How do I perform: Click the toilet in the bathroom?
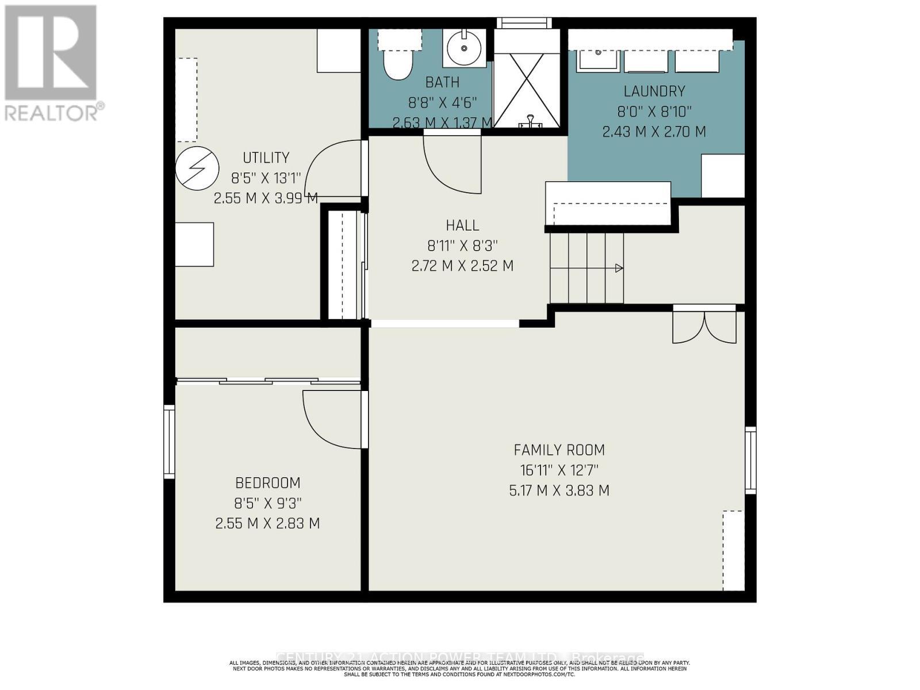pos(398,64)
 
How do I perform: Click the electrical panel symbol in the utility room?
pos(197,168)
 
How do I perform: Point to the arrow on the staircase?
pos(619,268)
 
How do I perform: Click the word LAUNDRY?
pos(654,91)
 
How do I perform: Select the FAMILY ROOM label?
pos(559,450)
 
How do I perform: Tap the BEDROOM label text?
pos(268,482)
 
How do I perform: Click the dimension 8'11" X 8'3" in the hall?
pos(462,246)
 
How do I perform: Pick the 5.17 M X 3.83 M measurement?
pos(559,490)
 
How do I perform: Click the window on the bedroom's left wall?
pos(169,442)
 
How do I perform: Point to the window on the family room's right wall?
pos(750,460)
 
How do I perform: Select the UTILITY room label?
pos(266,158)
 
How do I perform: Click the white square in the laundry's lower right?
pos(723,176)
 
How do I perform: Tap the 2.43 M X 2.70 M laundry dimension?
pos(654,132)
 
